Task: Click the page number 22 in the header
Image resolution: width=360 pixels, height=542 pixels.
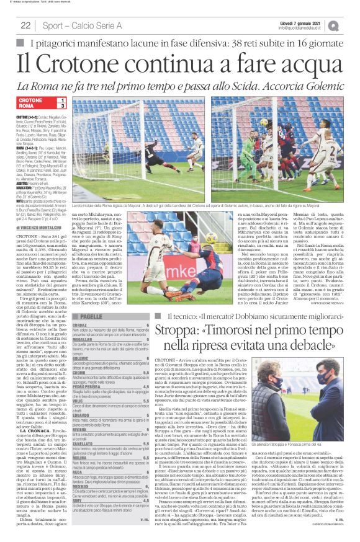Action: [25, 25]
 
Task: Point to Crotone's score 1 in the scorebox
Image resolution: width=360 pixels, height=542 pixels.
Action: [62, 99]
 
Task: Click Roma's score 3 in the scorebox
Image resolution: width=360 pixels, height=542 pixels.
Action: [62, 106]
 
